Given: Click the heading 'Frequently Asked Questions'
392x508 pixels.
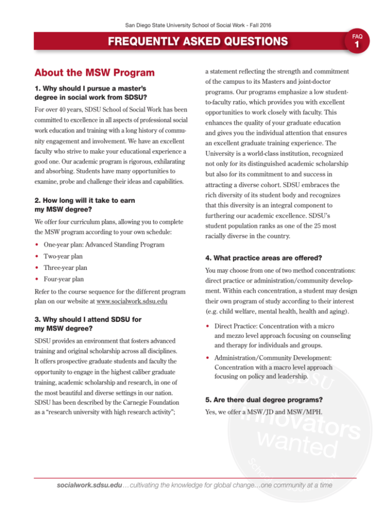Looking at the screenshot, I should coord(196,40).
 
